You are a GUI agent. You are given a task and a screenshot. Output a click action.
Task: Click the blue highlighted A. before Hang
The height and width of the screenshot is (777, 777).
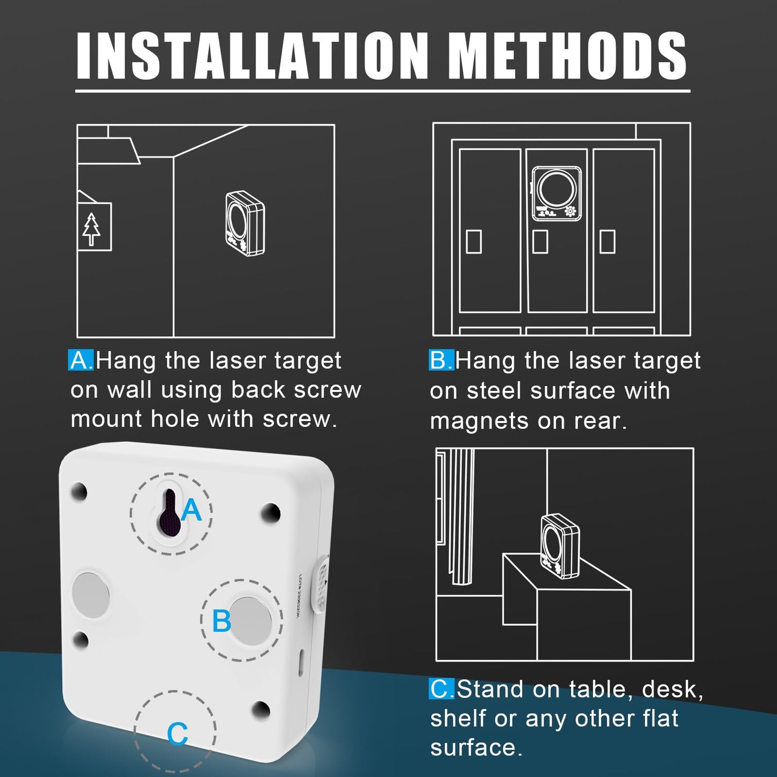pos(81,360)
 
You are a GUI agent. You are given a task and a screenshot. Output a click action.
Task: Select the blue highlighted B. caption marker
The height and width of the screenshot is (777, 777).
pos(441,360)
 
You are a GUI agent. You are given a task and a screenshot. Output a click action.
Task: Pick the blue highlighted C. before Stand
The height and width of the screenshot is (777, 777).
pos(441,689)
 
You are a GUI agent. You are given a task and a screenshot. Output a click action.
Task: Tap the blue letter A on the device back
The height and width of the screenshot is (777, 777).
pos(191,510)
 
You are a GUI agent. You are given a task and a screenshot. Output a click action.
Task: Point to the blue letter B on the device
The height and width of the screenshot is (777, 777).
pos(221,622)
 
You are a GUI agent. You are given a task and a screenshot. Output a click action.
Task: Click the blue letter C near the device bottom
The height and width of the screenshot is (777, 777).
pos(177,733)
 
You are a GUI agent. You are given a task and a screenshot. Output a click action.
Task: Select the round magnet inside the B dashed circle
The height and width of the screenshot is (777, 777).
pos(251,620)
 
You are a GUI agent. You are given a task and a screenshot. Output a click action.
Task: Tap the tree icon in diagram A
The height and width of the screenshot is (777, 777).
pos(91,228)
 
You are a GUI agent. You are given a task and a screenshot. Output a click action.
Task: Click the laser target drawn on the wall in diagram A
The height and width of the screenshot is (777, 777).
pos(245,223)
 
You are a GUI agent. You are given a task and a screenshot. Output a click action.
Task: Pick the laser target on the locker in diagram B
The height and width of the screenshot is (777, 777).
pos(557,194)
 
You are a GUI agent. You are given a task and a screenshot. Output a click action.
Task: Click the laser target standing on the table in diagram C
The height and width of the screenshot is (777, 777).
pos(560,546)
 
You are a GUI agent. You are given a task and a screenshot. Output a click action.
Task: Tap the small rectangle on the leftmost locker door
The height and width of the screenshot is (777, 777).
pos(474,241)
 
